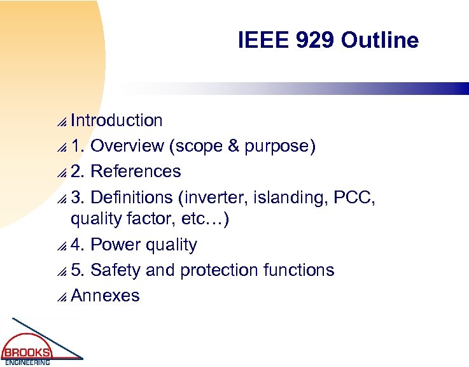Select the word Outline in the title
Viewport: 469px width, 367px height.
click(380, 41)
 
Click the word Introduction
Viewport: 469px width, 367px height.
click(116, 120)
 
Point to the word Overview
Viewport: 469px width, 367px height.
click(127, 146)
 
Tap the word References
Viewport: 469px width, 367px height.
click(136, 171)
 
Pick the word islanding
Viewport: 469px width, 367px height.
click(286, 198)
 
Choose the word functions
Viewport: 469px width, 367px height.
click(298, 270)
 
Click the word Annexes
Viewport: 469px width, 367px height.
click(105, 296)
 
